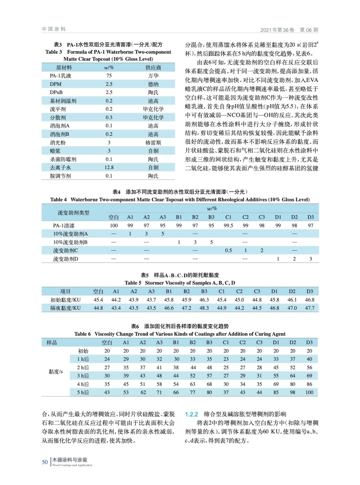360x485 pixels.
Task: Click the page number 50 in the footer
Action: click(45, 462)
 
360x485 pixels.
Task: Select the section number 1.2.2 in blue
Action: click(191, 414)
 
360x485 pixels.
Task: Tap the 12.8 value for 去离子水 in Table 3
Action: click(109, 168)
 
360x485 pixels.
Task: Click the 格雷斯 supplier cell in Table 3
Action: click(153, 142)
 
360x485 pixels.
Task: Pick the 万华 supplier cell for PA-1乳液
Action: click(153, 76)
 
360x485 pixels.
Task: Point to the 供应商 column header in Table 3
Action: click(153, 68)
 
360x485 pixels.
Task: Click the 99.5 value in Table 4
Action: click(228, 226)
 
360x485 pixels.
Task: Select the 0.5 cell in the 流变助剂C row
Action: click(228, 250)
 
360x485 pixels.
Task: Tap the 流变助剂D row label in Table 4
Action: click(66, 259)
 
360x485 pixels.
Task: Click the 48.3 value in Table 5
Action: click(204, 308)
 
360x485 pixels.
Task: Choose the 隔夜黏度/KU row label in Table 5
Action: click(66, 308)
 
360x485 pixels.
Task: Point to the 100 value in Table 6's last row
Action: click(309, 392)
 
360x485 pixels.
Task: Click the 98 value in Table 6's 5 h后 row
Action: click(292, 392)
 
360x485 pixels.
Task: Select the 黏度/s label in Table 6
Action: click(56, 372)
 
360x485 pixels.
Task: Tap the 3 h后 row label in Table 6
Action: click(83, 376)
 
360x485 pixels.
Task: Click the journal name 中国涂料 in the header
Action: click(54, 29)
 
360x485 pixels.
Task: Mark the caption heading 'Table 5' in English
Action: click(133, 283)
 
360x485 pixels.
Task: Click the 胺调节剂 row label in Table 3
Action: click(60, 176)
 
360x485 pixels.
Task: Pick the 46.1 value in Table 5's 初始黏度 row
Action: click(292, 300)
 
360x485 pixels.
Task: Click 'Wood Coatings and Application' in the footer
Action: click(72, 465)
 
